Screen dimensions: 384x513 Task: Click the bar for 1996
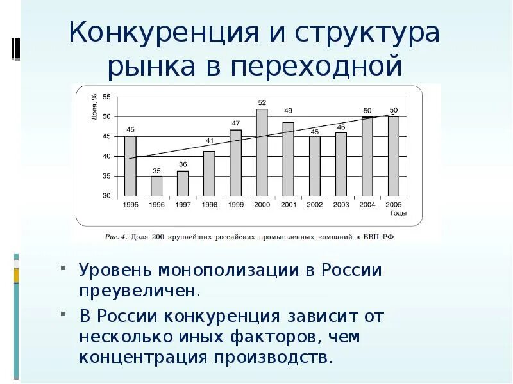(x=156, y=186)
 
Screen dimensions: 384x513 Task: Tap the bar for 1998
(x=209, y=173)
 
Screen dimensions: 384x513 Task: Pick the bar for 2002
(x=314, y=166)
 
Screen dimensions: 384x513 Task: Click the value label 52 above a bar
(x=262, y=102)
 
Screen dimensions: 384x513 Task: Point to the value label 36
(x=183, y=164)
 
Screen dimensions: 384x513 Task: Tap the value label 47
(x=235, y=123)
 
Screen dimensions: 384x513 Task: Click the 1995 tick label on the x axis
(x=130, y=204)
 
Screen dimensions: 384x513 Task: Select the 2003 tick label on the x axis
(x=341, y=204)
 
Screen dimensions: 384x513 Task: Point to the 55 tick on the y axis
(x=106, y=97)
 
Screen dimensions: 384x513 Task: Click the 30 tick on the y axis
(x=106, y=196)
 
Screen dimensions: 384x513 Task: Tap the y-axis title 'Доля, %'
(x=94, y=107)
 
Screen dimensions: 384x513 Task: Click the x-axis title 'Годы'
(x=398, y=214)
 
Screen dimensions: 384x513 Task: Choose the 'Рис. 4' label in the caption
(x=116, y=237)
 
